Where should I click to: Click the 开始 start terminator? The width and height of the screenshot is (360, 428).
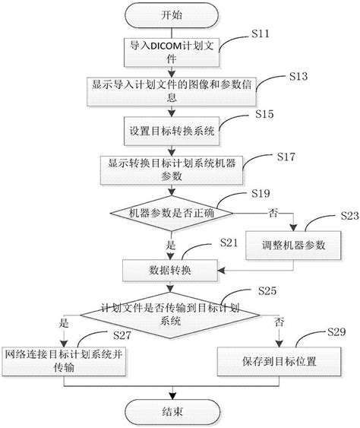[x=172, y=15]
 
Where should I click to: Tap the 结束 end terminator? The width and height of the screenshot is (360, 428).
[x=172, y=412]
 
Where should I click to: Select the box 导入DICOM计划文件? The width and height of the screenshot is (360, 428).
[x=172, y=52]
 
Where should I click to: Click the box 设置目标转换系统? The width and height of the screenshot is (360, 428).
[x=172, y=132]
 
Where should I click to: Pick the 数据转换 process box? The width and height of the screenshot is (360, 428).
[x=170, y=271]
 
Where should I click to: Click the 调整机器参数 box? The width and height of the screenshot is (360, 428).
[x=293, y=246]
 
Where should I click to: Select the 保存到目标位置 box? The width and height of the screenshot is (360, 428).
[x=279, y=362]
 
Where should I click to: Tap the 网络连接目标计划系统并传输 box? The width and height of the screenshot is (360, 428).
[x=64, y=362]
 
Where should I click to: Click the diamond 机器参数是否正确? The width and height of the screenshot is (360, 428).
[x=172, y=214]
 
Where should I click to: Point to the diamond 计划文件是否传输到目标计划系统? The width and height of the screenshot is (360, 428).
[x=170, y=315]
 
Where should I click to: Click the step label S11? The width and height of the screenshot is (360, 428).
[x=261, y=33]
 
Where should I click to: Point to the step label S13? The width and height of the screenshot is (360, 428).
[x=298, y=77]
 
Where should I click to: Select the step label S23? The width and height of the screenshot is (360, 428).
[x=350, y=216]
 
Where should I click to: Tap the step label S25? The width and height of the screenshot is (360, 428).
[x=267, y=290]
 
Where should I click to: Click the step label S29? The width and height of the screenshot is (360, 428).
[x=336, y=332]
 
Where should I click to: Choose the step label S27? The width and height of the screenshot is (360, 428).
[x=122, y=335]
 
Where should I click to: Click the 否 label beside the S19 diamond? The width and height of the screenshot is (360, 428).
[x=273, y=213]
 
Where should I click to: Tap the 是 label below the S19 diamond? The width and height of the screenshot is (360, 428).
[x=171, y=245]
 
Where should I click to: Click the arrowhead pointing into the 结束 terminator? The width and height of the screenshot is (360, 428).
[x=172, y=396]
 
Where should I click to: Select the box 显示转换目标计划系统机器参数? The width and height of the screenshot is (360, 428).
[x=172, y=170]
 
